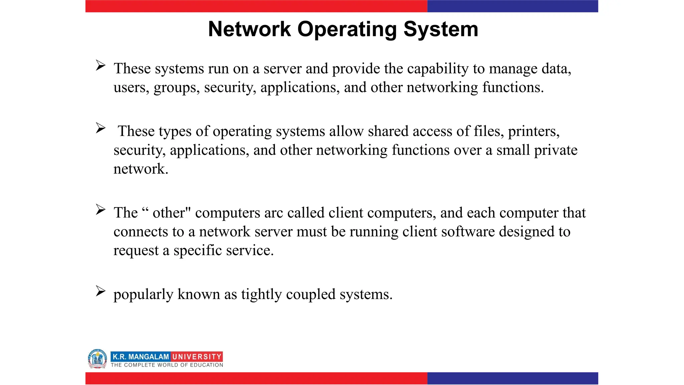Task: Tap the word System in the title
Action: coord(441,29)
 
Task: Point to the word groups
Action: coord(176,88)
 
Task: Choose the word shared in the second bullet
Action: coord(388,131)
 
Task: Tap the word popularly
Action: coord(143,295)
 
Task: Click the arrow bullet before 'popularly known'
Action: coord(101,291)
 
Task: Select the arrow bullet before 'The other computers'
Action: coord(101,210)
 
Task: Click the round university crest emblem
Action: coord(97,359)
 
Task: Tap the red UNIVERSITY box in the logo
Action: coord(197,357)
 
